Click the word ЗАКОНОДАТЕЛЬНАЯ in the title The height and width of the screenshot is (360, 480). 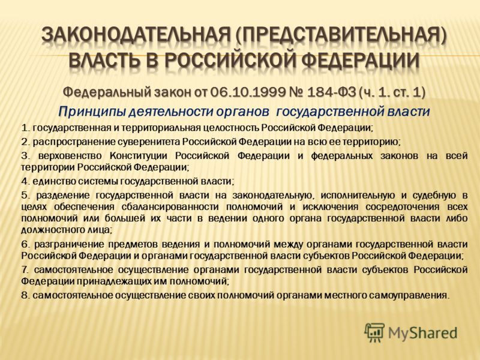pyautogui.click(x=136, y=35)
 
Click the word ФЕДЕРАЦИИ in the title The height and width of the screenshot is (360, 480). pyautogui.click(x=362, y=61)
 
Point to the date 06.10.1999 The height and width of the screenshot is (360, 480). pyautogui.click(x=241, y=92)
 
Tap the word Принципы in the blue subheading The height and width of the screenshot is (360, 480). pyautogui.click(x=91, y=112)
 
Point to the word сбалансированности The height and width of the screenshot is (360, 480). pyautogui.click(x=170, y=207)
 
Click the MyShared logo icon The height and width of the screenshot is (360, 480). pyautogui.click(x=374, y=332)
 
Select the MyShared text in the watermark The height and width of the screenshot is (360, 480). pyautogui.click(x=422, y=334)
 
